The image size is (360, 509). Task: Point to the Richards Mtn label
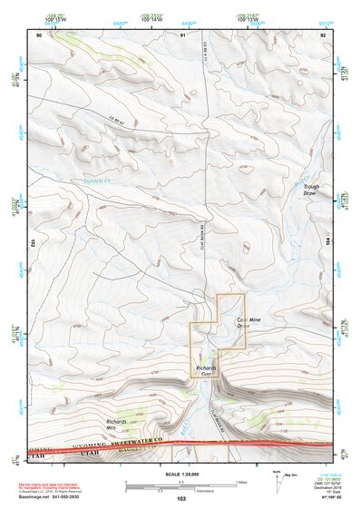116,425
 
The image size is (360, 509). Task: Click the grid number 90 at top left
40,34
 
